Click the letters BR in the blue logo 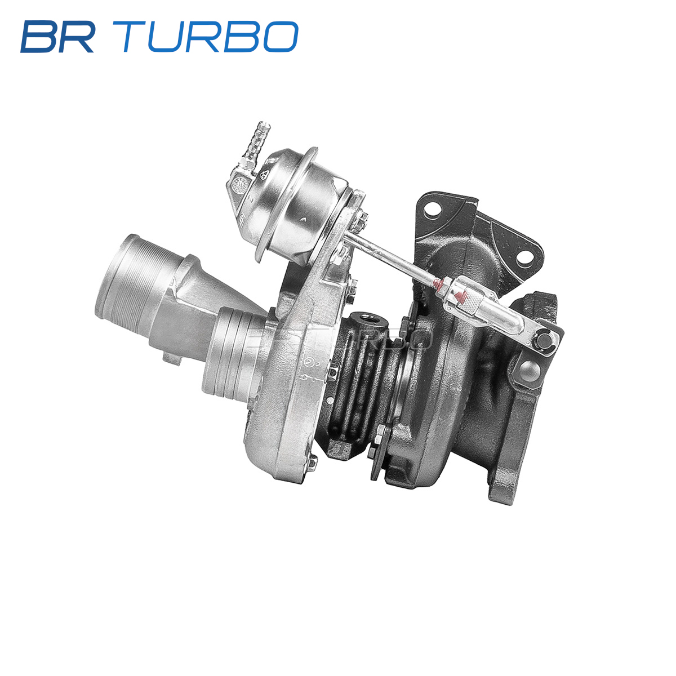tap(58, 37)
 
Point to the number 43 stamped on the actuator tap(266, 174)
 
